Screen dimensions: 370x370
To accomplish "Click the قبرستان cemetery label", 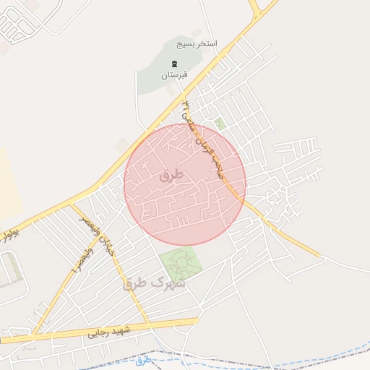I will pyautogui.click(x=173, y=75).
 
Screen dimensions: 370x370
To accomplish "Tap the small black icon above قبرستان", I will pyautogui.click(x=173, y=64).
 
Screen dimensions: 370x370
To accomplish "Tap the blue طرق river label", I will pyautogui.click(x=144, y=359).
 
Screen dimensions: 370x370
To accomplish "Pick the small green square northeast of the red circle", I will pyautogui.click(x=220, y=124).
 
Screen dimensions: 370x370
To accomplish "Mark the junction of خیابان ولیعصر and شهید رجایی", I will pyautogui.click(x=148, y=323).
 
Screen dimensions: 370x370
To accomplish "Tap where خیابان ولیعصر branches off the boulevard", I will pyautogui.click(x=72, y=205).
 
